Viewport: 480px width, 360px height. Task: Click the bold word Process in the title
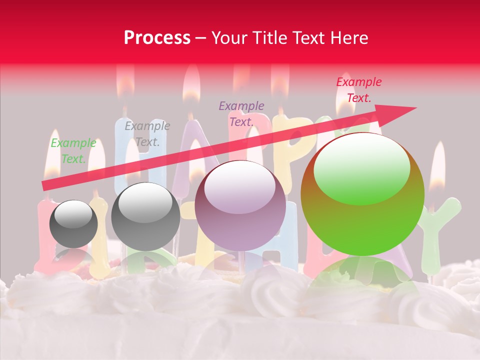157,37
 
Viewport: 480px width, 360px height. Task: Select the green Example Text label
73,150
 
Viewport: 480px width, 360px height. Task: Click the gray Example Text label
147,133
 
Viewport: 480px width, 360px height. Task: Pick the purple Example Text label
241,113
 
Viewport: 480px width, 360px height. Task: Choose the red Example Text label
358,90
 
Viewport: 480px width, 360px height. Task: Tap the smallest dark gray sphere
73,223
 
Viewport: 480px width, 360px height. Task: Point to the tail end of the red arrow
45,185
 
